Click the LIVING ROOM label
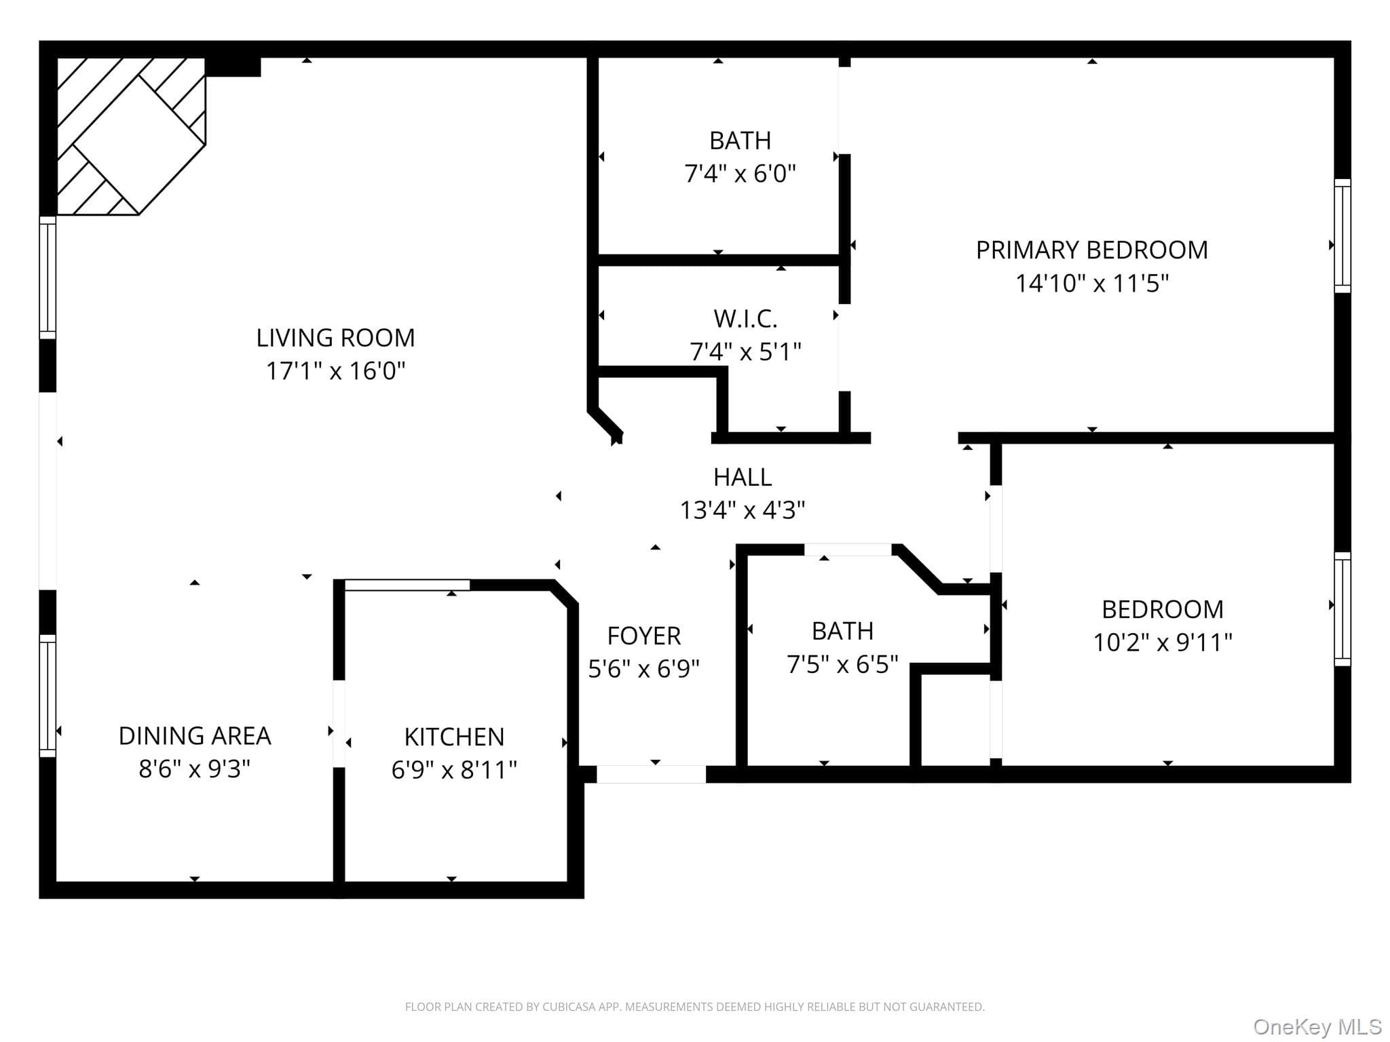[x=335, y=338]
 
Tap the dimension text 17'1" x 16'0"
[x=335, y=371]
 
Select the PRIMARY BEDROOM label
[x=1092, y=250]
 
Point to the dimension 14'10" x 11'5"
[x=1092, y=283]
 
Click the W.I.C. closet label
[x=745, y=319]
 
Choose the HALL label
[x=743, y=478]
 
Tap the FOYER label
[x=643, y=636]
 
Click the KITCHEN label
[x=454, y=737]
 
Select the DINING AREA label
[x=195, y=736]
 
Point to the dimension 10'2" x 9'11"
[x=1163, y=642]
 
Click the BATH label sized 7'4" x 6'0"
[x=740, y=141]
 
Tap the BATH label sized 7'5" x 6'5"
[x=842, y=632]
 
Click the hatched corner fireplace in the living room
[x=131, y=136]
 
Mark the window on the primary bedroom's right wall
[x=1342, y=236]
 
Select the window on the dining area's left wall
[x=48, y=696]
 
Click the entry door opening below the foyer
[x=651, y=774]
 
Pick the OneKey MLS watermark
[x=1317, y=1027]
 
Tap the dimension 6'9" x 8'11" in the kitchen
[x=454, y=770]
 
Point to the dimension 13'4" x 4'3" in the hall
[x=743, y=510]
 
